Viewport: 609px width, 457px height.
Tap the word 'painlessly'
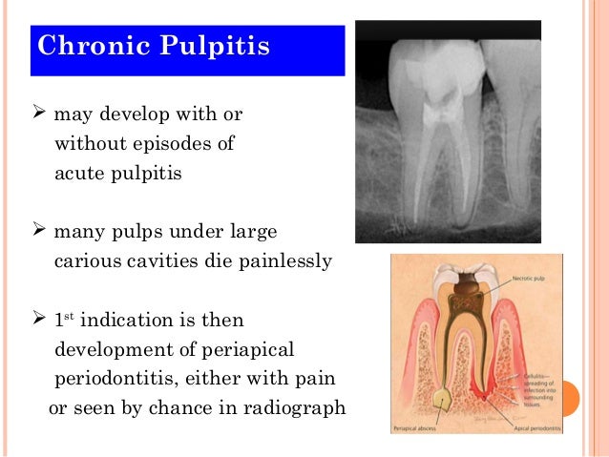[284, 261]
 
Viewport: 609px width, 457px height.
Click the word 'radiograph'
[299, 408]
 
